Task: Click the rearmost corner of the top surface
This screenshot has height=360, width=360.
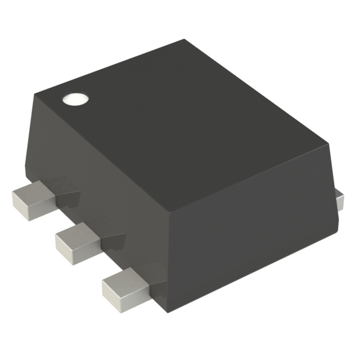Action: click(184, 40)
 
